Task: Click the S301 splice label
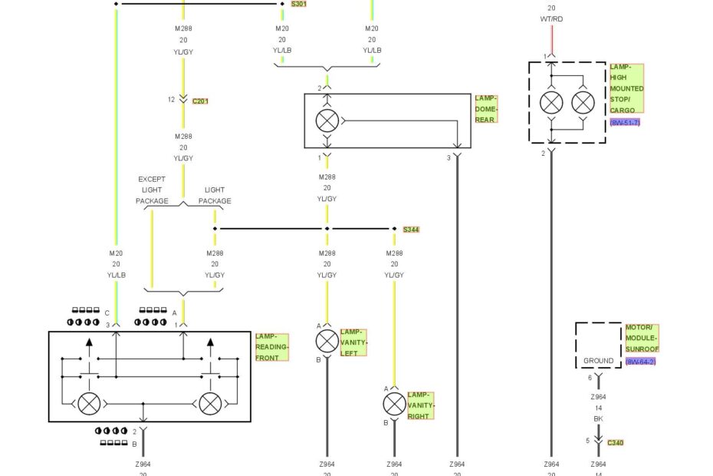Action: click(298, 4)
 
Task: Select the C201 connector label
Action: click(200, 101)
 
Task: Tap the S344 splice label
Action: click(411, 230)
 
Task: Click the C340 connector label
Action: click(615, 442)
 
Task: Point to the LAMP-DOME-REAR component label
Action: click(486, 109)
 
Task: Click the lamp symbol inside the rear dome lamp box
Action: click(327, 121)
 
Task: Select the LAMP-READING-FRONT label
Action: click(272, 348)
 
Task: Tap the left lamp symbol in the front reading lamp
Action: click(90, 403)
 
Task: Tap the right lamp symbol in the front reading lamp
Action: click(210, 403)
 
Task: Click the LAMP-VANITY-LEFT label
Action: click(353, 342)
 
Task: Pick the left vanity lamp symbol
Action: click(327, 342)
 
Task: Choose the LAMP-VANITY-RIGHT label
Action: click(419, 405)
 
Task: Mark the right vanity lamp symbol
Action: click(394, 405)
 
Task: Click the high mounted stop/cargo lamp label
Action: click(626, 88)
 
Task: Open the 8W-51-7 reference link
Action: click(625, 123)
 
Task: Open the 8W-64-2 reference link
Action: click(640, 362)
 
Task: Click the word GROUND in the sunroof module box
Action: click(598, 361)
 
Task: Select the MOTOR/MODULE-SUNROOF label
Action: click(642, 338)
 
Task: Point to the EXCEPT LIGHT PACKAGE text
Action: click(152, 190)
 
